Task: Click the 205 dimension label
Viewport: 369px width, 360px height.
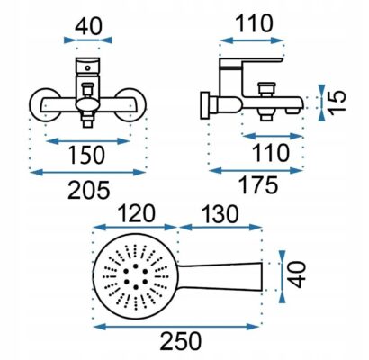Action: tap(89, 190)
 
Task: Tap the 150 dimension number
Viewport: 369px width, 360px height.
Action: tap(86, 155)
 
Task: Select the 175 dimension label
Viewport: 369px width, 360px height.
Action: tap(258, 185)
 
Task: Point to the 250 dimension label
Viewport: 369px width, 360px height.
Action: tap(181, 341)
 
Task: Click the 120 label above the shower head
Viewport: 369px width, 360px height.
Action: tap(136, 213)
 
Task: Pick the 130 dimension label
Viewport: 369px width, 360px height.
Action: tap(220, 213)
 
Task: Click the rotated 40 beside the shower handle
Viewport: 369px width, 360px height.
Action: tap(296, 275)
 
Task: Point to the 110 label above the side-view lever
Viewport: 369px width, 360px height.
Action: tap(255, 23)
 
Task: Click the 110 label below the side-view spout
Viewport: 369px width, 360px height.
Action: tap(271, 153)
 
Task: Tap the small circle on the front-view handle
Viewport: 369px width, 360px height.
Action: tap(87, 68)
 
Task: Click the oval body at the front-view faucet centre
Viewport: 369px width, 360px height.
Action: tap(87, 105)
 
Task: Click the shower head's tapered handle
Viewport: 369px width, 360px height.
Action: tap(220, 276)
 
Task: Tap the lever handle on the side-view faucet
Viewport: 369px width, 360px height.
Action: tap(251, 62)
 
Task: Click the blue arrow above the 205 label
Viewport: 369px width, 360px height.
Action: tap(88, 173)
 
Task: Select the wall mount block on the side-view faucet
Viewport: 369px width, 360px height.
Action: tap(205, 105)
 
